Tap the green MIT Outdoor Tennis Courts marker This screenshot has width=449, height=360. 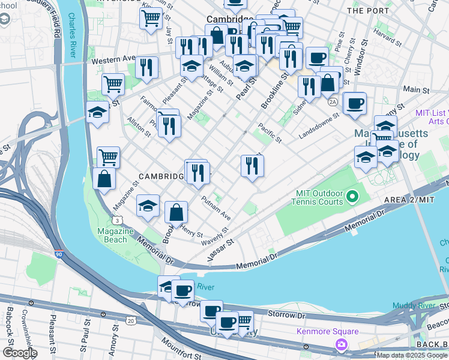point(352,196)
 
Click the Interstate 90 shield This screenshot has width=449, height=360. point(58,254)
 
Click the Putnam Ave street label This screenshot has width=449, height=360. point(216,208)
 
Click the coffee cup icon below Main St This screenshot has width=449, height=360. point(354,103)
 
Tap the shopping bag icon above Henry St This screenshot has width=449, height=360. point(176,212)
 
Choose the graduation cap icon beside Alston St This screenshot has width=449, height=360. point(97,112)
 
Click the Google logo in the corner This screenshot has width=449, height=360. point(19,353)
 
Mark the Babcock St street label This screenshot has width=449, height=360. point(10,321)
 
